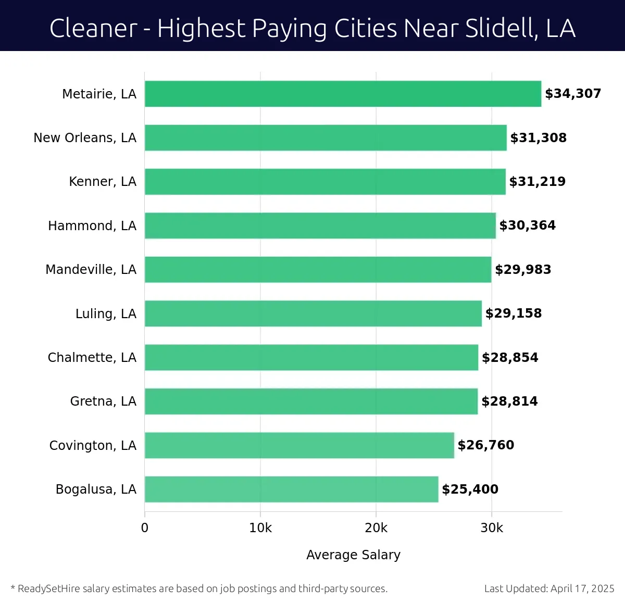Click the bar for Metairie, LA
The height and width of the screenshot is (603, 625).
pyautogui.click(x=343, y=94)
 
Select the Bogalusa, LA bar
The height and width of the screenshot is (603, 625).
pyautogui.click(x=291, y=489)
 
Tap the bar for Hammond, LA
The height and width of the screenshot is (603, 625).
pyautogui.click(x=320, y=225)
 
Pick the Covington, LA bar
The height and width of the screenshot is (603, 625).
pyautogui.click(x=299, y=445)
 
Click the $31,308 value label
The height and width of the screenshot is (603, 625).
pyautogui.click(x=538, y=138)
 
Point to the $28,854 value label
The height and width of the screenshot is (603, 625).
pyautogui.click(x=510, y=358)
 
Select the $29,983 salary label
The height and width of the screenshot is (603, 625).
pyautogui.click(x=523, y=270)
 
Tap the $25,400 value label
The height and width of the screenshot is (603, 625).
pyautogui.click(x=470, y=489)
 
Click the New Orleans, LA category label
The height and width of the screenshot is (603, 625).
pyautogui.click(x=85, y=138)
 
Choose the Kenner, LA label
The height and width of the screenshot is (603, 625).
pyautogui.click(x=103, y=182)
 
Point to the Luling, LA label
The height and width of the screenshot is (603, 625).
pyautogui.click(x=106, y=314)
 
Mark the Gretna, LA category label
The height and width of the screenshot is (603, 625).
pyautogui.click(x=103, y=401)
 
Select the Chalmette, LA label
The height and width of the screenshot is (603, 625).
pyautogui.click(x=92, y=358)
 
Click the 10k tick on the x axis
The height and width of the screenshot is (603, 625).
pyautogui.click(x=260, y=528)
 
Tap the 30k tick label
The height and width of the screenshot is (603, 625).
pyautogui.click(x=492, y=528)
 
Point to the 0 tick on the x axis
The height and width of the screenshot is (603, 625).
pyautogui.click(x=145, y=528)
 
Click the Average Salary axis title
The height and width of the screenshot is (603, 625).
pyautogui.click(x=353, y=555)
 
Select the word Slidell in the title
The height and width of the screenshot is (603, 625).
pyautogui.click(x=502, y=28)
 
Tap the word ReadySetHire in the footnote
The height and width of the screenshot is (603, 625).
pyautogui.click(x=49, y=589)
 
